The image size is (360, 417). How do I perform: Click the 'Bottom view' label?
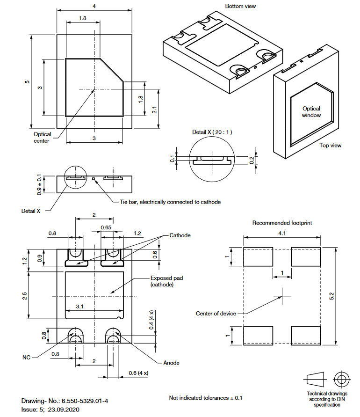[x=240, y=6]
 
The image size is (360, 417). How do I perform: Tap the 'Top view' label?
[x=331, y=145]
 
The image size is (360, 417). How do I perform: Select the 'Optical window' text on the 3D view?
[x=311, y=112]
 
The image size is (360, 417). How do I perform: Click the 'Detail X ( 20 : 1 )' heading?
[x=212, y=132]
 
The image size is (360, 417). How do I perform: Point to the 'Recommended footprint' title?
[x=282, y=223]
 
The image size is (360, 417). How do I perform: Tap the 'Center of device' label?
[x=216, y=313]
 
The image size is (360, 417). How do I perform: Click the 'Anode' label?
[x=171, y=363]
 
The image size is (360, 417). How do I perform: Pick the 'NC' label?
[x=27, y=358]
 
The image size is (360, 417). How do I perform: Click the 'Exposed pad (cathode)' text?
[x=166, y=281]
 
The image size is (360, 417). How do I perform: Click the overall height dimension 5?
[x=27, y=81]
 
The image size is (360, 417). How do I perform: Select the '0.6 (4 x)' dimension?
[x=138, y=373]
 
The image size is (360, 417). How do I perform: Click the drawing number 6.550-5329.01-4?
[x=82, y=401]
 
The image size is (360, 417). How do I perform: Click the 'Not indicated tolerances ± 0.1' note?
[x=206, y=398]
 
